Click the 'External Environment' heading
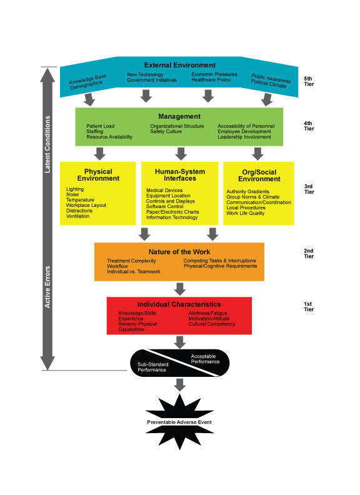(179, 65)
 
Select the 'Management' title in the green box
(179, 116)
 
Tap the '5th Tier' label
(309, 81)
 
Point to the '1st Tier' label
(309, 306)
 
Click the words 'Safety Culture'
(166, 131)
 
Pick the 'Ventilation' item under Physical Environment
(77, 216)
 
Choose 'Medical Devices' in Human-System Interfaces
(164, 190)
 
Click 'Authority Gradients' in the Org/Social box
(247, 191)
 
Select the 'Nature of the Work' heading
(179, 252)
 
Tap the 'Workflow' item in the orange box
(117, 266)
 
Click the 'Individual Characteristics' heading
(179, 304)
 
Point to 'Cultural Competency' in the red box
(212, 324)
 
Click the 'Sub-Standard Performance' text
(153, 367)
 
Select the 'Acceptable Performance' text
(205, 359)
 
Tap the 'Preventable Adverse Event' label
(179, 422)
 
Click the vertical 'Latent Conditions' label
(47, 144)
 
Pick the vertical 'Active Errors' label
(47, 287)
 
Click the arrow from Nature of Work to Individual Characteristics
(179, 289)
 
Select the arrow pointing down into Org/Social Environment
(257, 154)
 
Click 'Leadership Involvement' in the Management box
(244, 137)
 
